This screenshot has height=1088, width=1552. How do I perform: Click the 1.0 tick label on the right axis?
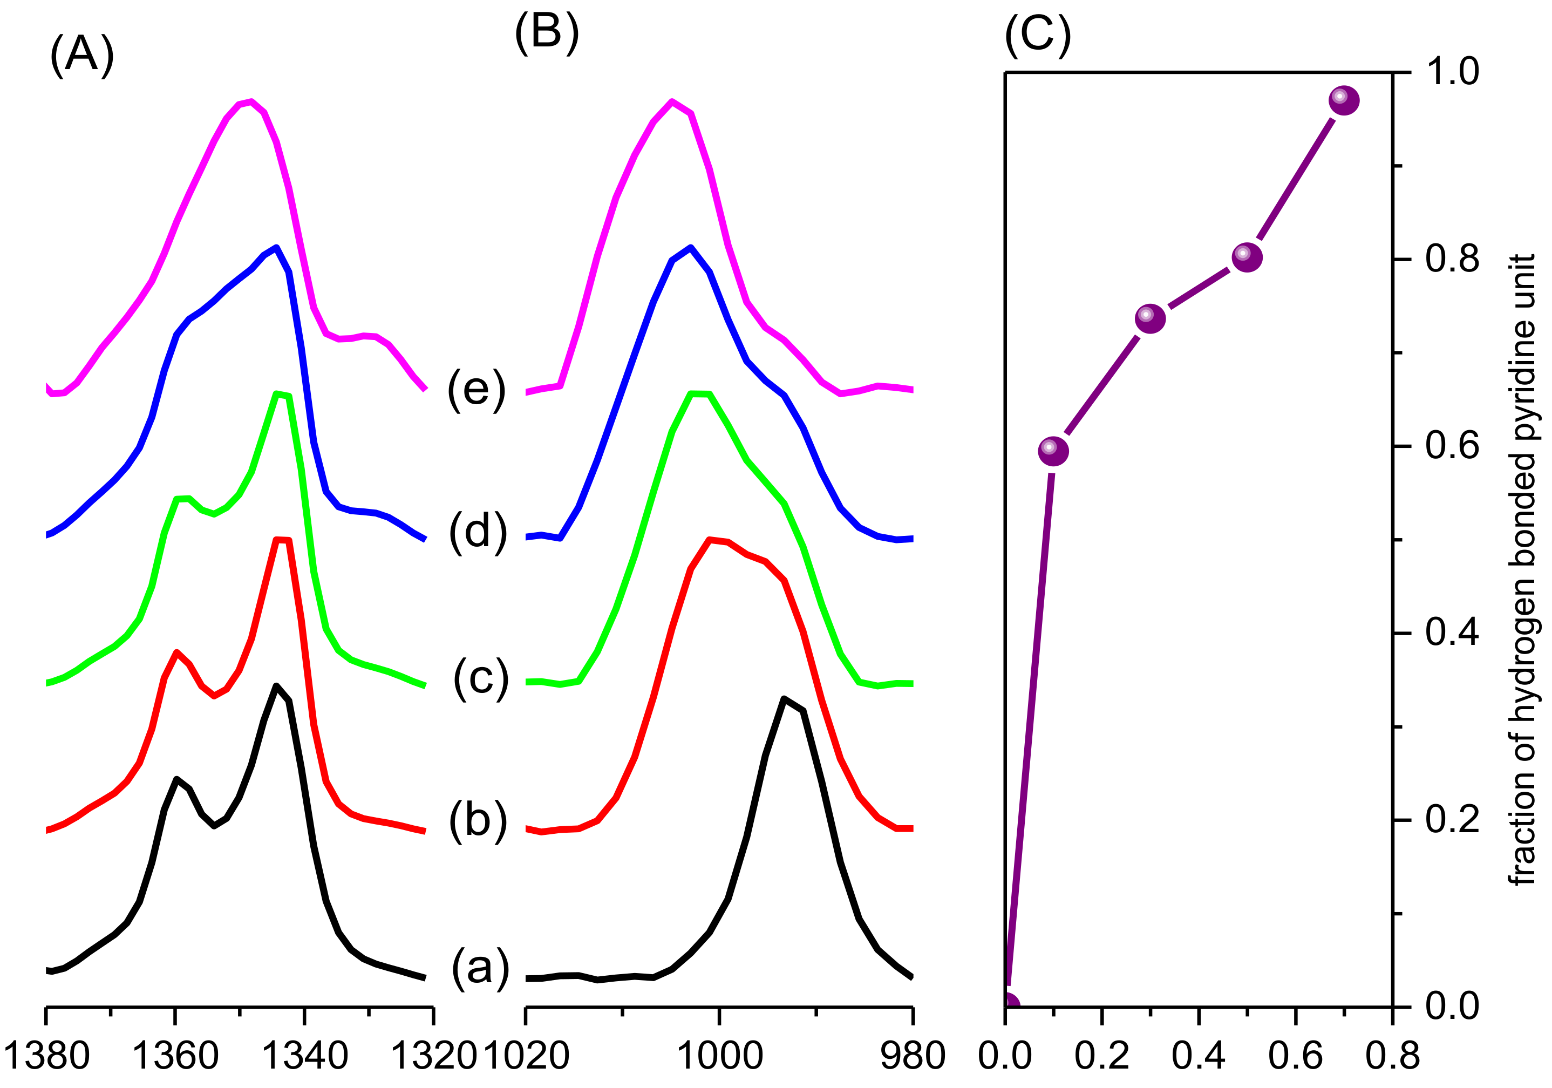tap(1452, 72)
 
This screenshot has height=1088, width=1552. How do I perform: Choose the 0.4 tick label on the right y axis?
tap(1452, 633)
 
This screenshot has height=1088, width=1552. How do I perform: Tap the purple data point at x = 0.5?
tap(1247, 257)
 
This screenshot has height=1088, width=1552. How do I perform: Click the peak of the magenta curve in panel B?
tap(671, 101)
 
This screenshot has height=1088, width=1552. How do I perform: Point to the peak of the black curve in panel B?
tap(784, 698)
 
